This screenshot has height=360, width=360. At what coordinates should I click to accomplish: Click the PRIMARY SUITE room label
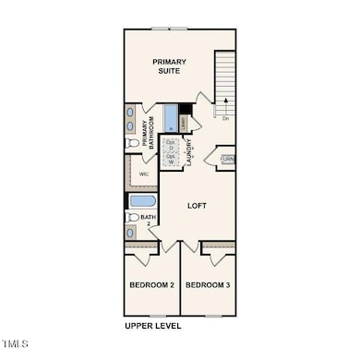(x=170, y=66)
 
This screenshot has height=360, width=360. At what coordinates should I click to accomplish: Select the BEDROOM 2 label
(x=151, y=285)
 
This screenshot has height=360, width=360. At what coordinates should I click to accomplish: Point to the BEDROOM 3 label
(x=208, y=285)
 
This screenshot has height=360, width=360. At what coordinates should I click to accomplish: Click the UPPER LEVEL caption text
(x=153, y=326)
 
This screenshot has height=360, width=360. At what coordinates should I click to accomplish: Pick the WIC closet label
(x=144, y=174)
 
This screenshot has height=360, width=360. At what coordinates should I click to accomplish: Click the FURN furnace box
(x=226, y=159)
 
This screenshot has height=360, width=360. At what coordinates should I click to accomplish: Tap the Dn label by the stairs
(x=225, y=118)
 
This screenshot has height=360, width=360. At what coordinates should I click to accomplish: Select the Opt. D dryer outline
(x=171, y=144)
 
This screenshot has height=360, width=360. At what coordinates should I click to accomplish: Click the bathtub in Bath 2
(x=142, y=200)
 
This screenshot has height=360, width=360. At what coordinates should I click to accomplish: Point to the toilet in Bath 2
(x=132, y=218)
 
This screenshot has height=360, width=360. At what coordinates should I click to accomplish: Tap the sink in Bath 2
(x=131, y=233)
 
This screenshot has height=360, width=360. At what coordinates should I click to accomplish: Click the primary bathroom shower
(x=171, y=117)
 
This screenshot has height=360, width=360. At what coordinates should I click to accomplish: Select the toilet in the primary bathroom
(x=131, y=144)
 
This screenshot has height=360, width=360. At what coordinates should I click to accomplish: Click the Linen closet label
(x=184, y=122)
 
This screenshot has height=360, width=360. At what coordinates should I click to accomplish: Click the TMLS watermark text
(x=16, y=345)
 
